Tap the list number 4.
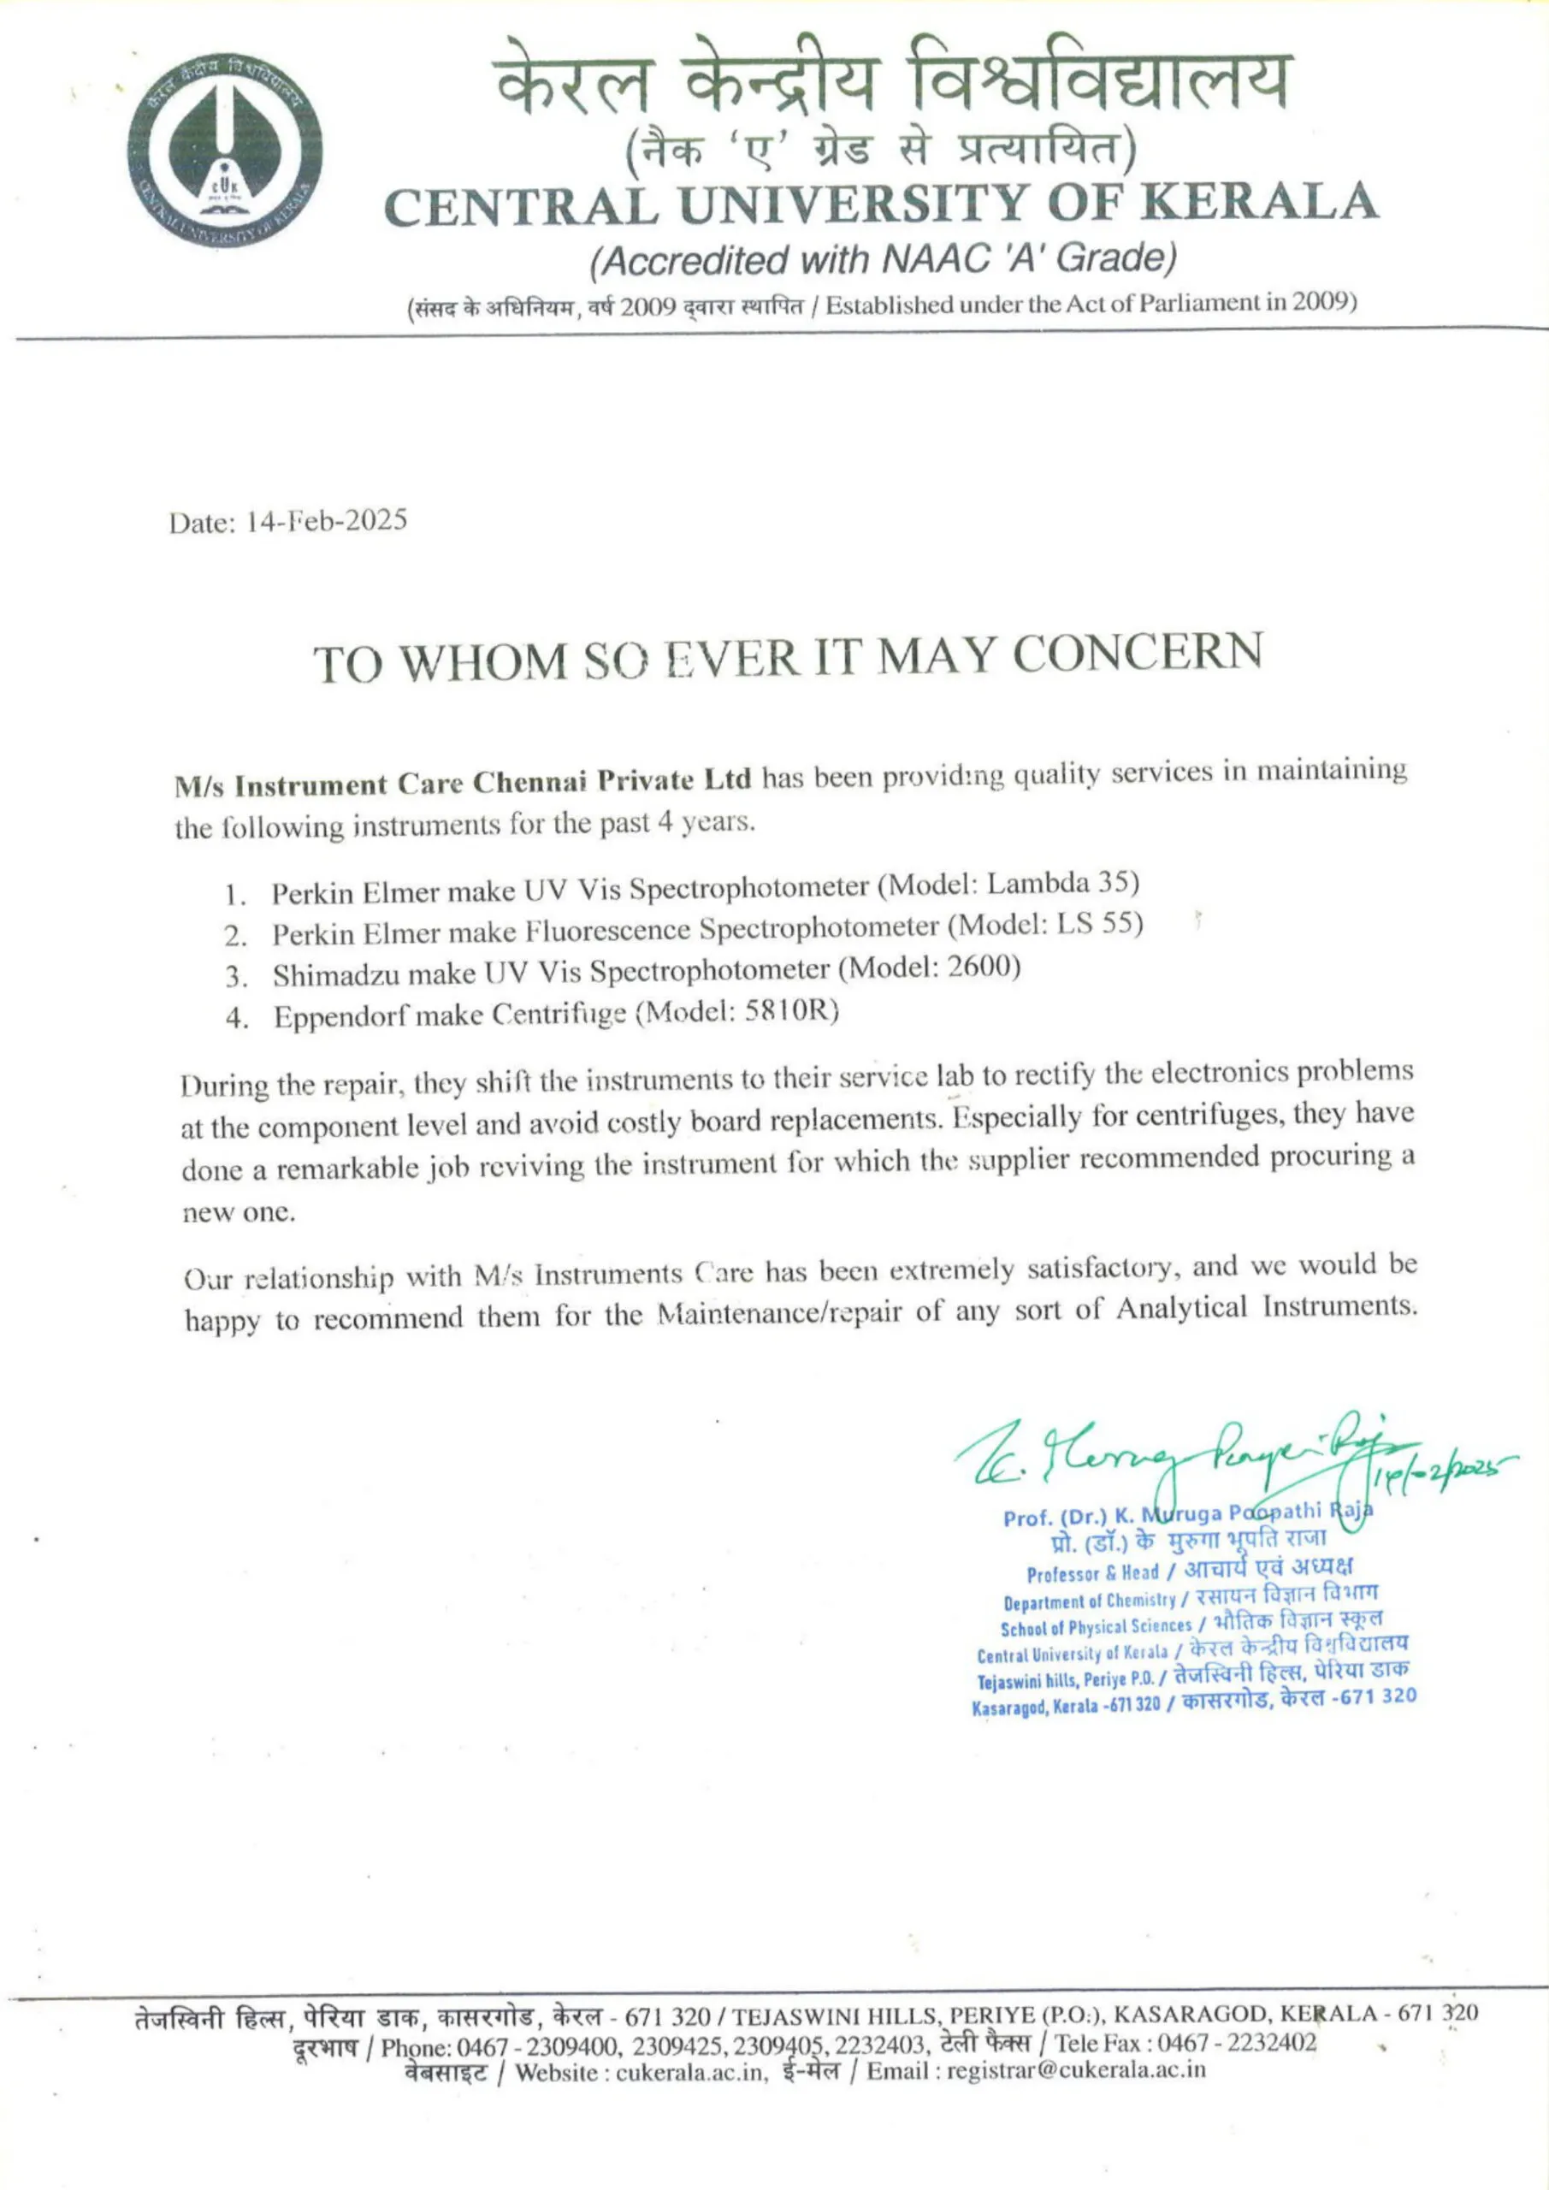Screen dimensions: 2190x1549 tap(234, 1018)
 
